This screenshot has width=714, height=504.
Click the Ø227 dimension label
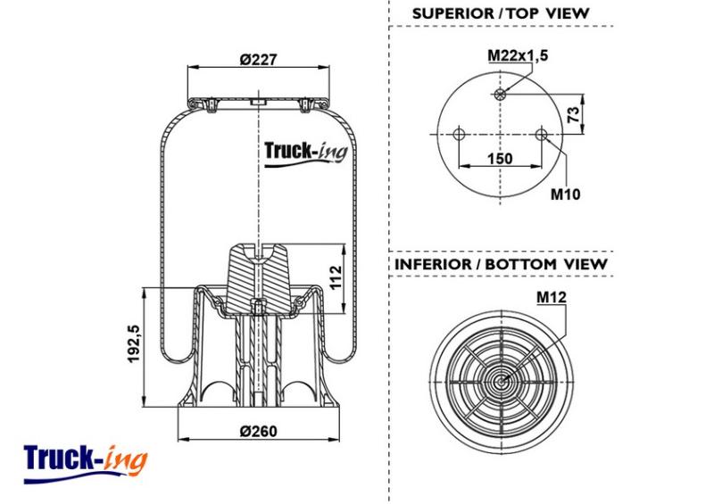258,59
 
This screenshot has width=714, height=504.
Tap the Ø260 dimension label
258,431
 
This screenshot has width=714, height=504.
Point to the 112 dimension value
336,277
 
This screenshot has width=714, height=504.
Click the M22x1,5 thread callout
518,55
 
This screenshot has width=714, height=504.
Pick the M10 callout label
566,194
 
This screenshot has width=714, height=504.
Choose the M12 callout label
552,297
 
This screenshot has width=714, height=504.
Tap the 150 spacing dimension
500,159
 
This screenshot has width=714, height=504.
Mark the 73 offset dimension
575,114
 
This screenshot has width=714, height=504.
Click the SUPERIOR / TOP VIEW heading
501,13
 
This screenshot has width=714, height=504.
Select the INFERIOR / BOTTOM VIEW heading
501,264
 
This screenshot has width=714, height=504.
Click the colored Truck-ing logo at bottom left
86,463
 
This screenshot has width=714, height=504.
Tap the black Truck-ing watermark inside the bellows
306,154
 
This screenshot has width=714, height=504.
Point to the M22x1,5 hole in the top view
500,95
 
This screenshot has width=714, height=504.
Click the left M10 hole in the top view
459,135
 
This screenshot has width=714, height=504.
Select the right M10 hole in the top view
542,135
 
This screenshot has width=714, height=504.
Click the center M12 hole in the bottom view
501,382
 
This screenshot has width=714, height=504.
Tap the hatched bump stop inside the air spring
258,278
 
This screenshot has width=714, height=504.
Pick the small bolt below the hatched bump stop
258,308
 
